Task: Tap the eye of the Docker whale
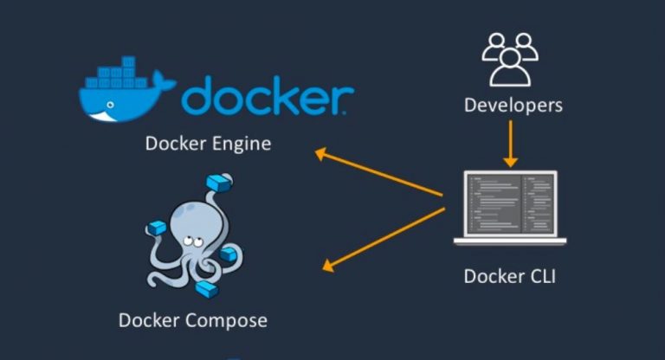pos(110,105)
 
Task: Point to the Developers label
pos(513,106)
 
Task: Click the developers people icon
pos(510,60)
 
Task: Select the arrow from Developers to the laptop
pos(510,144)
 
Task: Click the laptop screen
pos(510,203)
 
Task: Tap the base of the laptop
pos(510,241)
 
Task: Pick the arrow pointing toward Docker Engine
pos(379,172)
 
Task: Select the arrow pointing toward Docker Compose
pos(384,239)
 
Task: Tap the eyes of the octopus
pos(193,242)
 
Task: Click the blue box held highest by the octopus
pos(219,183)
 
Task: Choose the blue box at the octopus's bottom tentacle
pos(207,289)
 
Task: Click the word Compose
pos(227,321)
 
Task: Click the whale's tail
pos(165,81)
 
